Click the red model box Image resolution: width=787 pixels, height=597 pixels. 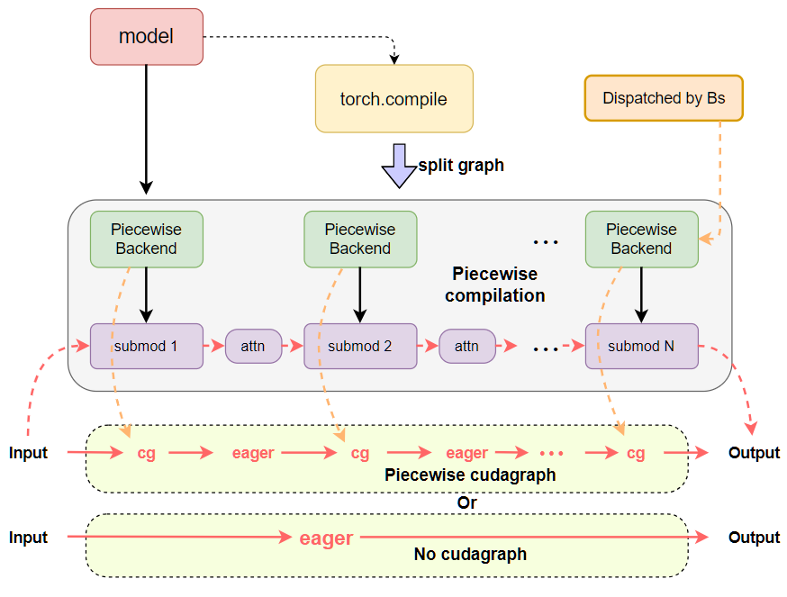(x=147, y=37)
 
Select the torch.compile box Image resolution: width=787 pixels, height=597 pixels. (x=393, y=99)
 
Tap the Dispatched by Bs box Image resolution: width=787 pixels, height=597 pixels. (x=664, y=98)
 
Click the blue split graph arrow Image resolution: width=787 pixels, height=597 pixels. (x=397, y=166)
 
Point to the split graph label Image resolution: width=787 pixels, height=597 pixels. (x=461, y=165)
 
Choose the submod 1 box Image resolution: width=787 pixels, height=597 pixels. (x=146, y=346)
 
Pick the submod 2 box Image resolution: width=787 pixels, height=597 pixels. (x=360, y=346)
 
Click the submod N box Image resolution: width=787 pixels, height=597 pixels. (x=641, y=346)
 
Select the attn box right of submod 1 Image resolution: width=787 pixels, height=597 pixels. (x=252, y=346)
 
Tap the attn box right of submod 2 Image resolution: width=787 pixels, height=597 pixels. (x=466, y=346)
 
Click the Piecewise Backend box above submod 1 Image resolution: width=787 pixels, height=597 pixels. (x=146, y=240)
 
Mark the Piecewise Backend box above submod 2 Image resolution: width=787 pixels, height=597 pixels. (x=360, y=240)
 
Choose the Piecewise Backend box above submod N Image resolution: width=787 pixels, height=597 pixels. (x=641, y=240)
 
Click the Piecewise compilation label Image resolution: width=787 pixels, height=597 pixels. (x=494, y=285)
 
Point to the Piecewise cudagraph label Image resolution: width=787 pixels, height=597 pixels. (x=470, y=475)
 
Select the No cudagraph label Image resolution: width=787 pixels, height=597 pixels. (x=470, y=555)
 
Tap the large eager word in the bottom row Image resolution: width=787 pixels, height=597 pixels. (x=326, y=538)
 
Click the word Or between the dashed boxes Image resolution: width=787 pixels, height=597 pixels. (x=466, y=503)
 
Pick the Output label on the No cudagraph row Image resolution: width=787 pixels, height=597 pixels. (x=754, y=538)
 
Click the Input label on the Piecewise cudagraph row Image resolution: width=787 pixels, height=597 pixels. (x=28, y=453)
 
